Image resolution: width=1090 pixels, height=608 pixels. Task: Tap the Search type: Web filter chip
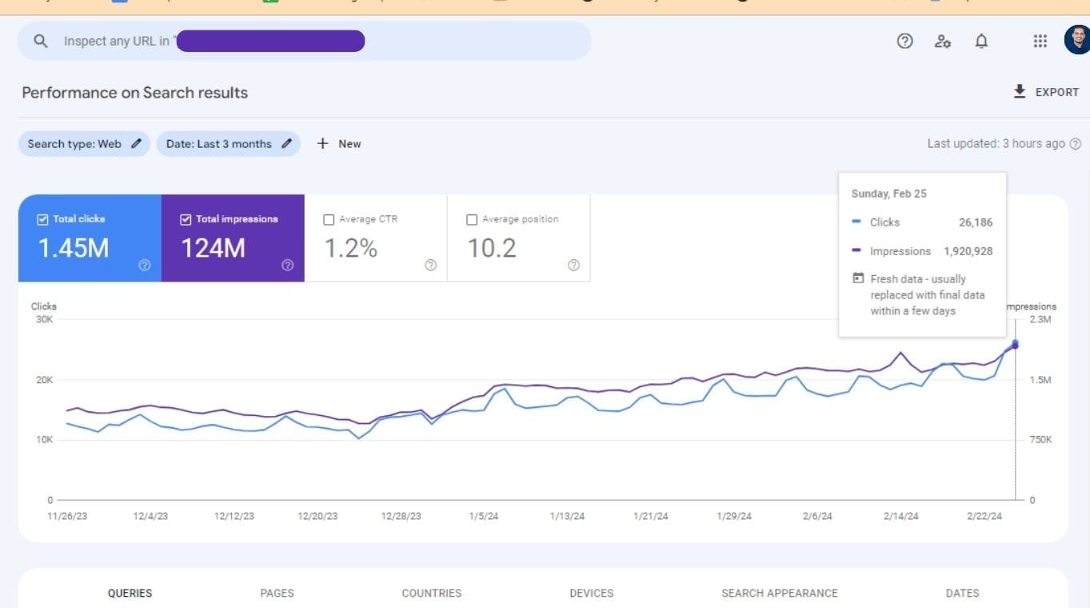click(84, 144)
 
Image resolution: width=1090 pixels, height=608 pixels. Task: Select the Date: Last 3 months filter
click(228, 144)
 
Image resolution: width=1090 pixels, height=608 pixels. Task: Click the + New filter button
click(339, 144)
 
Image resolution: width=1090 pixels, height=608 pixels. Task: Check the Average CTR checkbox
click(329, 219)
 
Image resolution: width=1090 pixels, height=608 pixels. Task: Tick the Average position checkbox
click(472, 219)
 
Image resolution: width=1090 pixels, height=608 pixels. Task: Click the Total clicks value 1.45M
click(74, 248)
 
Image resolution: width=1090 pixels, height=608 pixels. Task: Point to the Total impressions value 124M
click(213, 248)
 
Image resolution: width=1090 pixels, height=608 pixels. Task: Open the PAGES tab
click(277, 593)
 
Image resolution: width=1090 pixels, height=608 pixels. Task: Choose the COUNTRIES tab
click(431, 593)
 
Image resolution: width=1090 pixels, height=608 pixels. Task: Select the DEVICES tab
click(591, 593)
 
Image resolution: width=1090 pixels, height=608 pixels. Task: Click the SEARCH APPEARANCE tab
click(779, 593)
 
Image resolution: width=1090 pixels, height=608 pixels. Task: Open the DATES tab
click(962, 593)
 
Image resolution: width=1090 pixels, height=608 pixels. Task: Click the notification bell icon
click(981, 42)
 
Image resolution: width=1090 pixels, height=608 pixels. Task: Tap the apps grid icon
click(1040, 42)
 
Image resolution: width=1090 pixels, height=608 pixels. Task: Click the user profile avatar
click(1076, 40)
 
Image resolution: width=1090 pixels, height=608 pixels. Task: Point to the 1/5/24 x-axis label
click(483, 516)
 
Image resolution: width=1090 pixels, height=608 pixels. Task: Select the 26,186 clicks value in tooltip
click(976, 222)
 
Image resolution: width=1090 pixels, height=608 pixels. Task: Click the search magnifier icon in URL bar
click(42, 41)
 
